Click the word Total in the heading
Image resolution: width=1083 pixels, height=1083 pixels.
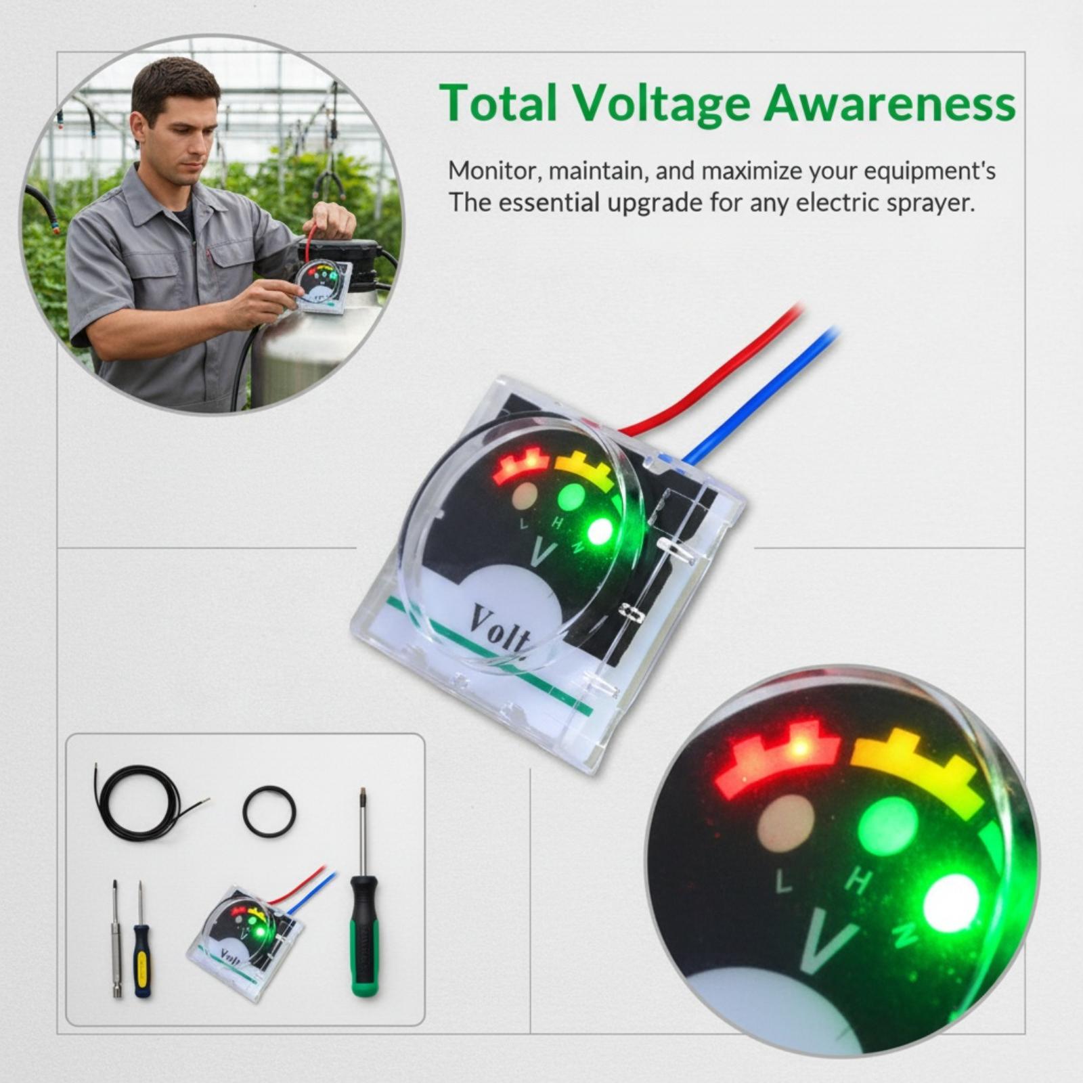coord(498,103)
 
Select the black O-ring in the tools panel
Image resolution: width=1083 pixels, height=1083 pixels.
coord(269,811)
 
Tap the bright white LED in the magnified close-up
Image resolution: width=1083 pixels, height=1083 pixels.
coord(952,902)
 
